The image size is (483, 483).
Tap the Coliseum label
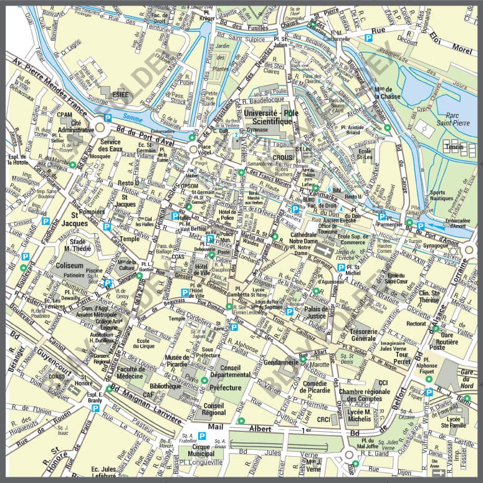(x=69, y=264)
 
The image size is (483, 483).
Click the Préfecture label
(x=226, y=388)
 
